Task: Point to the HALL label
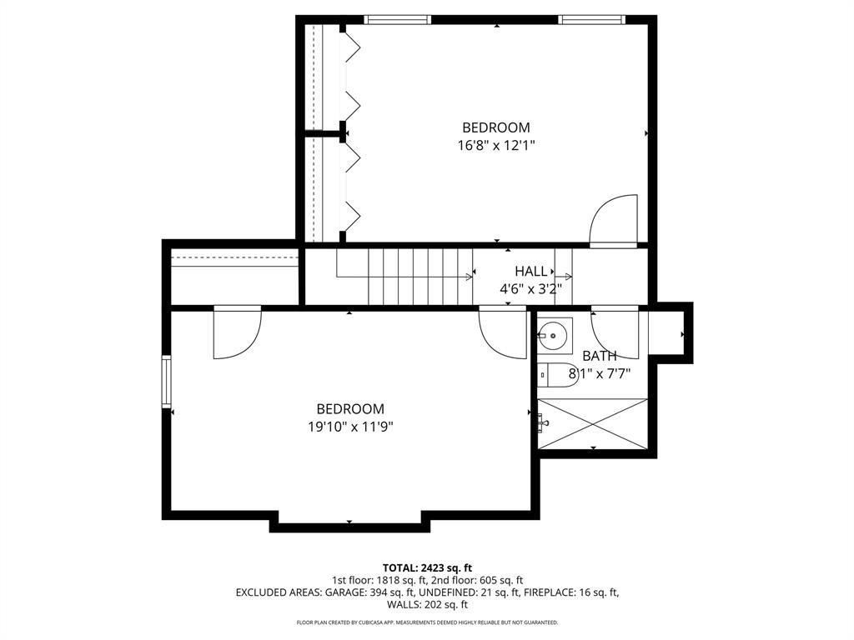[531, 271]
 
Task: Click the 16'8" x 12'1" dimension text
[496, 145]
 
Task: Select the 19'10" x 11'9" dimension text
[350, 427]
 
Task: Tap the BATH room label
[600, 356]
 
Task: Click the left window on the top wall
[398, 19]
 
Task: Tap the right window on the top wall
[591, 19]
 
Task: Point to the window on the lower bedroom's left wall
[166, 381]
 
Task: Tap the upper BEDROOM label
[496, 127]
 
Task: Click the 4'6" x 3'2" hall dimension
[531, 289]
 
